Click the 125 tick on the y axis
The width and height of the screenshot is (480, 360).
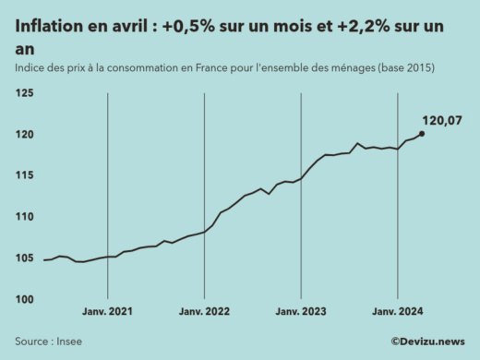(x=24, y=94)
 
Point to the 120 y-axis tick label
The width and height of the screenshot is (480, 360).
(x=24, y=135)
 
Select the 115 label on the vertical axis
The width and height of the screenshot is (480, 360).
(x=24, y=175)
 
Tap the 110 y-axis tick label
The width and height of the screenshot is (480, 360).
(x=24, y=217)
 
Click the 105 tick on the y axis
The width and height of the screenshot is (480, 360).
(x=24, y=258)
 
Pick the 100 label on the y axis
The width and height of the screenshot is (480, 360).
(x=24, y=299)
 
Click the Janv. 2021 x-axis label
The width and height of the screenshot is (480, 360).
(x=108, y=312)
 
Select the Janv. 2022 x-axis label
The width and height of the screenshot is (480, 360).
(x=204, y=312)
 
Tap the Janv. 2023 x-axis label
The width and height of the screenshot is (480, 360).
(x=301, y=312)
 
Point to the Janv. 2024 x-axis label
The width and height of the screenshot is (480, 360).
(x=398, y=312)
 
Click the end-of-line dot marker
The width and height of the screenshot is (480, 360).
(x=422, y=134)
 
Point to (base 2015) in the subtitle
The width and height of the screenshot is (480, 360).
(x=401, y=69)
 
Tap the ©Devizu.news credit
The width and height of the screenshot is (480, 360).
(x=427, y=341)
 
